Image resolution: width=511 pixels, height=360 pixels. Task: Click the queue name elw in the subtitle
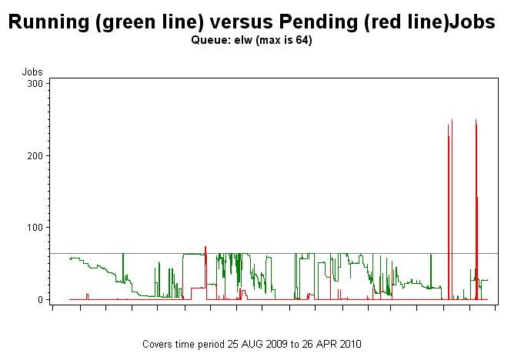tap(245, 40)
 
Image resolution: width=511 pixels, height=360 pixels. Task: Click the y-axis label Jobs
tap(32, 72)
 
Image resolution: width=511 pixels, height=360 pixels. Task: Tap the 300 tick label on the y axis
tap(35, 83)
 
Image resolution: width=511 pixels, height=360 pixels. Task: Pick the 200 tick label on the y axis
tap(35, 155)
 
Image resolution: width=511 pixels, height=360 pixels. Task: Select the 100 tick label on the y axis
tap(35, 227)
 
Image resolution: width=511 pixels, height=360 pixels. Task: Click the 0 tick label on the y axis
tap(40, 299)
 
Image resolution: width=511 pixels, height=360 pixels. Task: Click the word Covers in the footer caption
tap(158, 344)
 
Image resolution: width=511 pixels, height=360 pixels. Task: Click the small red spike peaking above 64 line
tap(205, 249)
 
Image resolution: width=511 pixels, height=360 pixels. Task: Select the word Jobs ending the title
tap(469, 23)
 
